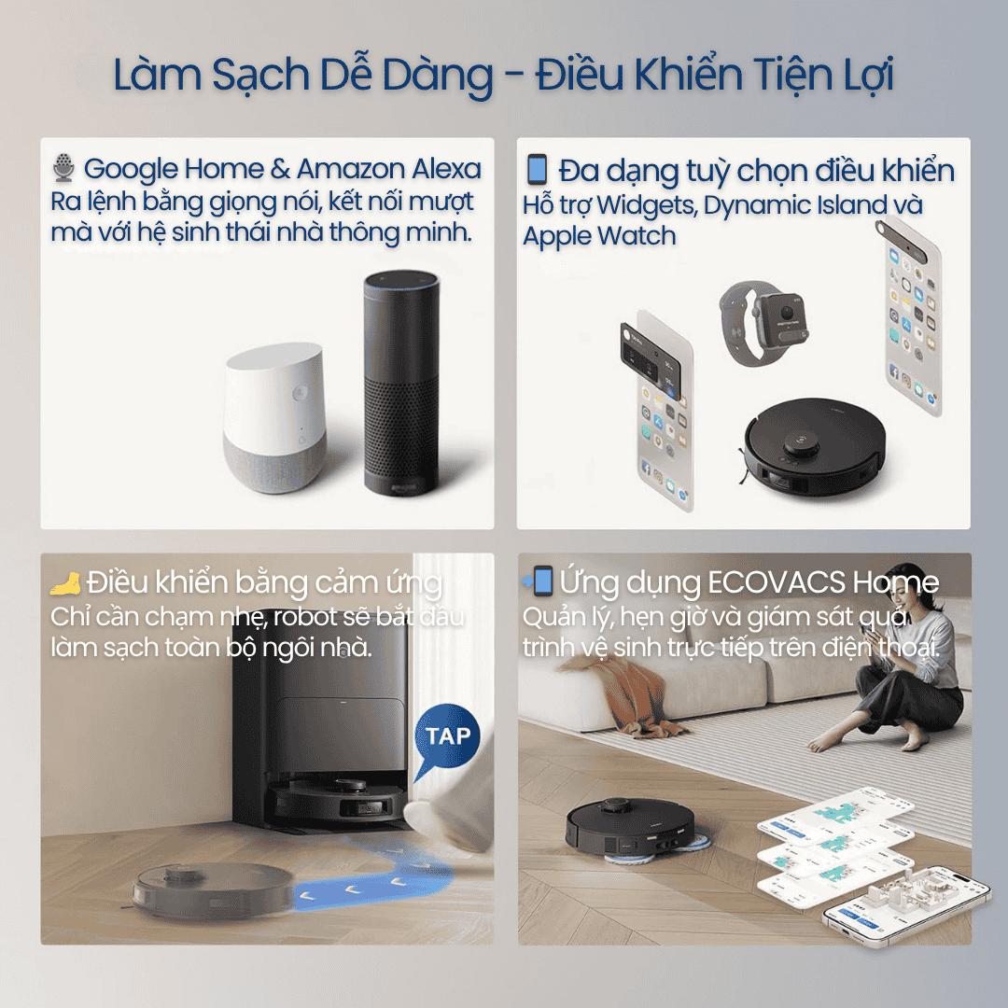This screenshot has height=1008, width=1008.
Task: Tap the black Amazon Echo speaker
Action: (x=401, y=384)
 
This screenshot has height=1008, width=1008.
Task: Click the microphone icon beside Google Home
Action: (x=63, y=167)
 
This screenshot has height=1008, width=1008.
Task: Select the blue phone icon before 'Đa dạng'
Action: (x=537, y=169)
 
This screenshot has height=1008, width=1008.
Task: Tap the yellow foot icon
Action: (x=65, y=583)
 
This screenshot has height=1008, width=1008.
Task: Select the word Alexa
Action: (x=446, y=169)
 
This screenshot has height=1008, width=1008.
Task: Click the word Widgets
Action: (x=646, y=205)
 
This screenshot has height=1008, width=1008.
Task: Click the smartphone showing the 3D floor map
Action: (x=906, y=906)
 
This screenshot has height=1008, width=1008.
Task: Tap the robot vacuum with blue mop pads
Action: (x=633, y=830)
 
